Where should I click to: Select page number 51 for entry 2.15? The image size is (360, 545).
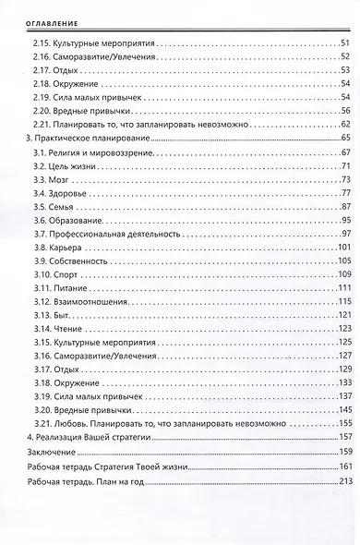click(x=344, y=43)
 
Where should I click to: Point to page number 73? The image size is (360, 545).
click(x=344, y=176)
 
